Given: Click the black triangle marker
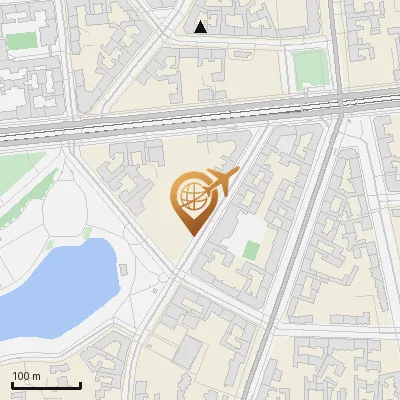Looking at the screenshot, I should pos(201,27).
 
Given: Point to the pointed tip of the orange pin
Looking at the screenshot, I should pos(190,235).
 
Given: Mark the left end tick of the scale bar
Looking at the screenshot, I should pos(13,384).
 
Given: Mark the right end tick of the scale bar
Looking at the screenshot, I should pos(81,384).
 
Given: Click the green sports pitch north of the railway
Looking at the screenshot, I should pos(310,68).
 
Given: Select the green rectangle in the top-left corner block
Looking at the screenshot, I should pos(21,41).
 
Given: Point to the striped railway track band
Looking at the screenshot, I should pos(200,119).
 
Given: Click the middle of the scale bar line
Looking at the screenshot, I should pos(47,385).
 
